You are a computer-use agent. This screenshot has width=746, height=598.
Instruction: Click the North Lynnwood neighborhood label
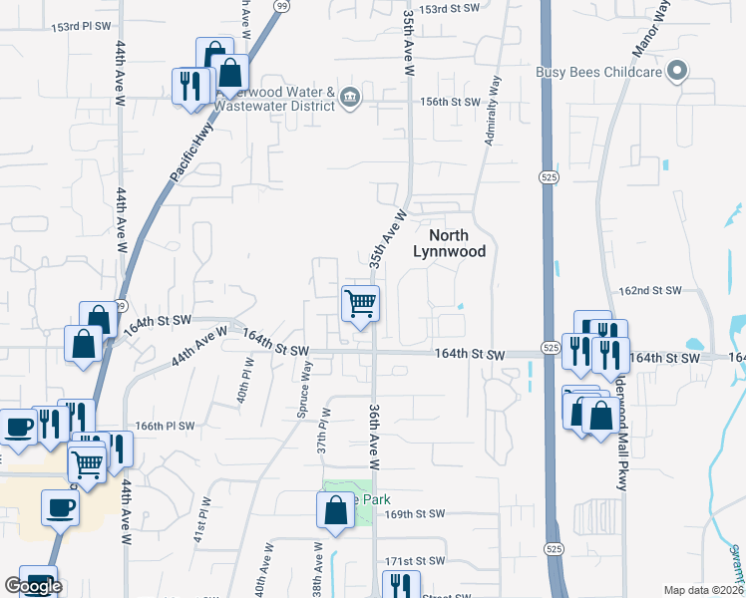point(457,243)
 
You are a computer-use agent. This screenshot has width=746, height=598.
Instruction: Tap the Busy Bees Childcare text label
point(599,71)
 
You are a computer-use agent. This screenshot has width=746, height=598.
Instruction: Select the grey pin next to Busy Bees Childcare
point(678,71)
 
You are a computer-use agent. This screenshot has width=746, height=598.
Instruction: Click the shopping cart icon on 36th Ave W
point(360,302)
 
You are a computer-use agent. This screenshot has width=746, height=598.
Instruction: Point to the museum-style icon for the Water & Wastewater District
point(350,97)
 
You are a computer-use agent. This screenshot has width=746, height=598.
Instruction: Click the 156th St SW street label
point(450,102)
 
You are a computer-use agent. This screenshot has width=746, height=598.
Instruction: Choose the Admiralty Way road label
point(491,111)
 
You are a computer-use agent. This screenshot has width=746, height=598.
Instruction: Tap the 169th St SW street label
point(412,514)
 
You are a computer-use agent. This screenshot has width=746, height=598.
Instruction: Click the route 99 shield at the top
point(282,7)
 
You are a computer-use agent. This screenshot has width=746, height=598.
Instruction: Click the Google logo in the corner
point(33,587)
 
